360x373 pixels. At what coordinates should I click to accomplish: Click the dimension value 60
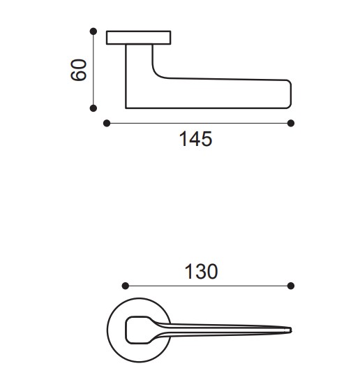pos(79,70)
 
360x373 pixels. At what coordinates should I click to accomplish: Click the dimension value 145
pos(195,139)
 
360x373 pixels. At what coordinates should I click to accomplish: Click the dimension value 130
pos(201,272)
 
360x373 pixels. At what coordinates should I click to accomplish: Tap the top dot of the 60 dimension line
pos(93,31)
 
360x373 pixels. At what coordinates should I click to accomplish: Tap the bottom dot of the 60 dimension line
pos(93,108)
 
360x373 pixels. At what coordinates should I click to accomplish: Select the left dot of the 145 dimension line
pos(107,123)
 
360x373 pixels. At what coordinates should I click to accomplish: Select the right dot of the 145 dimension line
pos(291,123)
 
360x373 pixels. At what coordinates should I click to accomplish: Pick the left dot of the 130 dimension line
pos(126,286)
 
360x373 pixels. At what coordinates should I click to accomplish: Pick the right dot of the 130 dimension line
pos(291,286)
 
